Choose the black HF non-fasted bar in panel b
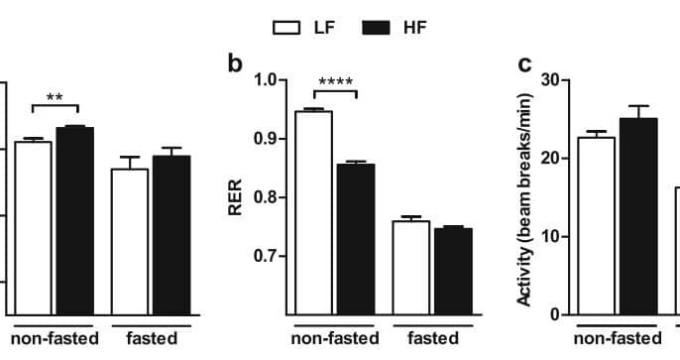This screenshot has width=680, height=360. coord(355,238)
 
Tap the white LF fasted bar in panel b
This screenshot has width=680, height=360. coord(410,267)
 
